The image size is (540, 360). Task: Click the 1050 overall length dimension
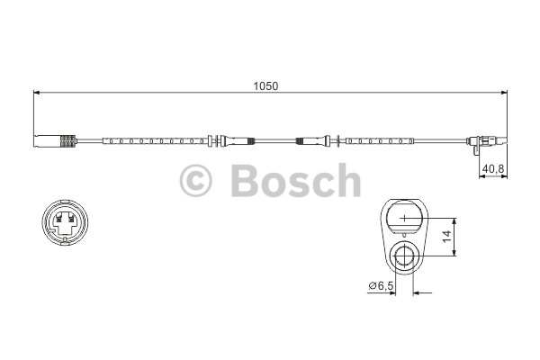[x=265, y=86]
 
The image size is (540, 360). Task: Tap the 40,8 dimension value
[x=493, y=169]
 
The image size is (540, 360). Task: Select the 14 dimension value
[x=446, y=237]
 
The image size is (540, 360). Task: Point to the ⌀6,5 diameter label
[x=382, y=285]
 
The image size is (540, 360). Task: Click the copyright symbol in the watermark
[x=195, y=180]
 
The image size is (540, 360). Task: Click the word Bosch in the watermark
[x=296, y=180]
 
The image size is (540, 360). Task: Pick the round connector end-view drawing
[x=65, y=222]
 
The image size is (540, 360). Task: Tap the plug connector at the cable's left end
[x=55, y=141]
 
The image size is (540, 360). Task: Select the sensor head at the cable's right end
[x=486, y=142]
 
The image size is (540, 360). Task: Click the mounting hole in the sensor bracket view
[x=404, y=256]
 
